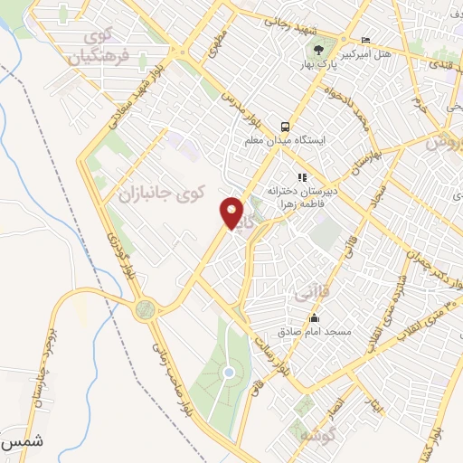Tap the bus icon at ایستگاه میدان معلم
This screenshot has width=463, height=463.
coord(285,127)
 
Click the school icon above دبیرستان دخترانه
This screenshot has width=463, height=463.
coord(302,176)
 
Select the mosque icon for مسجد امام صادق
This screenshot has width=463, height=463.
coord(314,318)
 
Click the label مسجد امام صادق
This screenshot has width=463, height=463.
coord(314,333)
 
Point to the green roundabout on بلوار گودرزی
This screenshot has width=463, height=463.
coord(145,310)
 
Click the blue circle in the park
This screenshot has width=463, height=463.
coord(229,372)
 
